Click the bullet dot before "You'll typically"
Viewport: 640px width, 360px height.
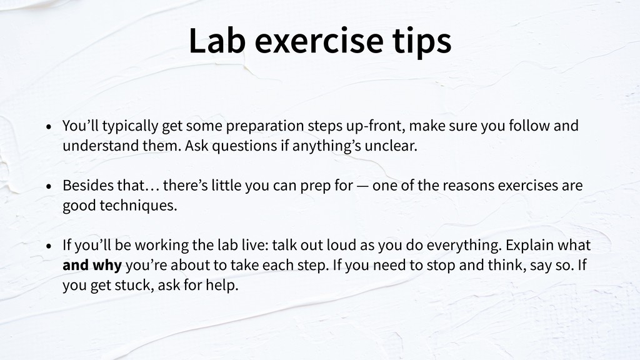coord(49,126)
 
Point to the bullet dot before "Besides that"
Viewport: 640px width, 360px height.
coord(49,186)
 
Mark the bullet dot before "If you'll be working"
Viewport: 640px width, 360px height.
coord(49,246)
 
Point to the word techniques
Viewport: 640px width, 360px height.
coord(138,205)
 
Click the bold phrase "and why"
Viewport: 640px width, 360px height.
coord(92,265)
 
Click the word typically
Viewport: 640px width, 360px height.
coord(130,126)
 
